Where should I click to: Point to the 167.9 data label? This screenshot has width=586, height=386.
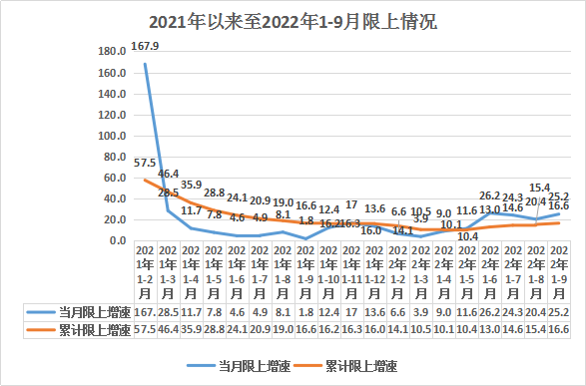click(x=146, y=46)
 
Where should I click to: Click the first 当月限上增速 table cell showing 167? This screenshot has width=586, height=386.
click(x=145, y=312)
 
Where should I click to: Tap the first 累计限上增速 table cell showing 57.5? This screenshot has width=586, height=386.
click(x=145, y=328)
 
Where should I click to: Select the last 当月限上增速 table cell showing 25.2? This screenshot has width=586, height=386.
click(x=558, y=312)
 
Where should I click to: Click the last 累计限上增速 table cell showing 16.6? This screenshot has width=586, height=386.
click(x=558, y=328)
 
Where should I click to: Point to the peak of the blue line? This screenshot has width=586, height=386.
click(x=146, y=64)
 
